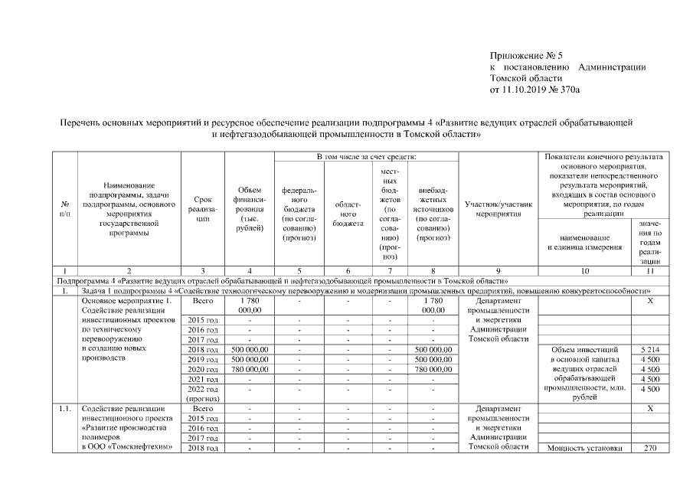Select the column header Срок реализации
point(202,207)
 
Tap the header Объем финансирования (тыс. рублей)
point(247,207)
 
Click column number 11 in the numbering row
point(650,271)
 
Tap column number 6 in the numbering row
point(348,271)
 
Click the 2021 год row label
point(202,379)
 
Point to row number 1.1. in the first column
point(65,409)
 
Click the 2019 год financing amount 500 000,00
point(247,359)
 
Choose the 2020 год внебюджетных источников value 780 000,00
point(433,369)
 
